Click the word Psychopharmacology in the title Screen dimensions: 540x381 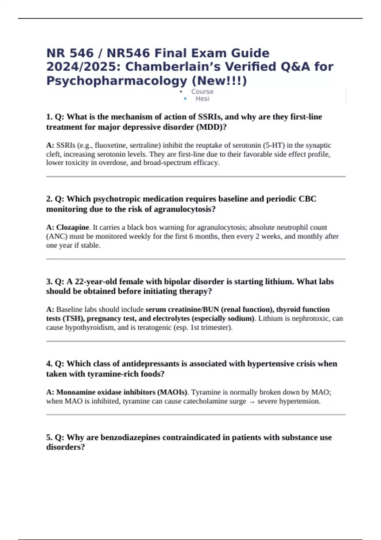tap(117, 81)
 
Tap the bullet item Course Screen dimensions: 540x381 tap(202, 91)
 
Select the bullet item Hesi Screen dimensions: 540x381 tap(202, 99)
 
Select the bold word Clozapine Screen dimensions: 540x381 tap(72, 227)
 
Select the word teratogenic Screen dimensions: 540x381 tap(154, 327)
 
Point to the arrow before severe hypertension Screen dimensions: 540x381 tap(252, 402)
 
